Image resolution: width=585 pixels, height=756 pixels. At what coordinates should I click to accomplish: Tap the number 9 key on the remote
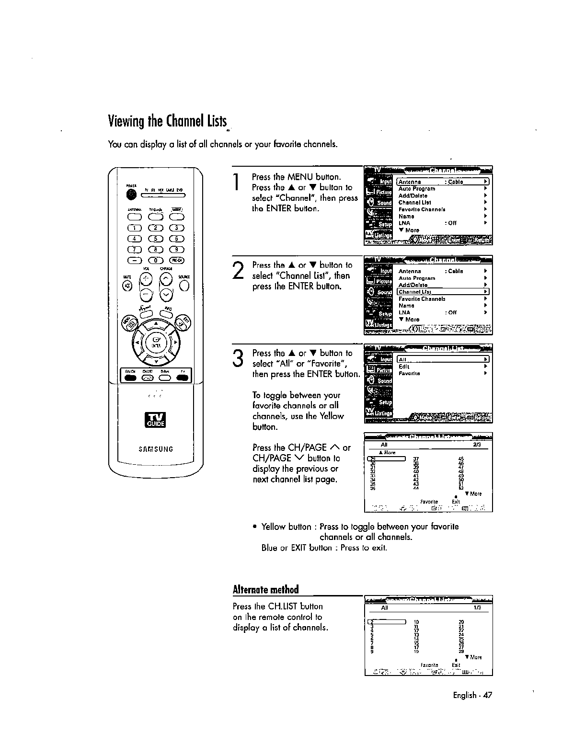(177, 249)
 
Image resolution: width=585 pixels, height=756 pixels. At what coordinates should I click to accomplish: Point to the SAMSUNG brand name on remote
(156, 449)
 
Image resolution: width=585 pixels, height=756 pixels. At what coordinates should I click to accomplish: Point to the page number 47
(488, 695)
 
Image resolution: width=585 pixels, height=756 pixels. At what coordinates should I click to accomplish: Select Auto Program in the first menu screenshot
(417, 189)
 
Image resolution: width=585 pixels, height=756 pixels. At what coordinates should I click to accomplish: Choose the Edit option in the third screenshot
(404, 367)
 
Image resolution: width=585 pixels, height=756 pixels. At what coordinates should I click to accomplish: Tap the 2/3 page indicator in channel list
(476, 445)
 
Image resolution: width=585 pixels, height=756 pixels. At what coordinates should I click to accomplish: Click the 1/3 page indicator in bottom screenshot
(477, 608)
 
